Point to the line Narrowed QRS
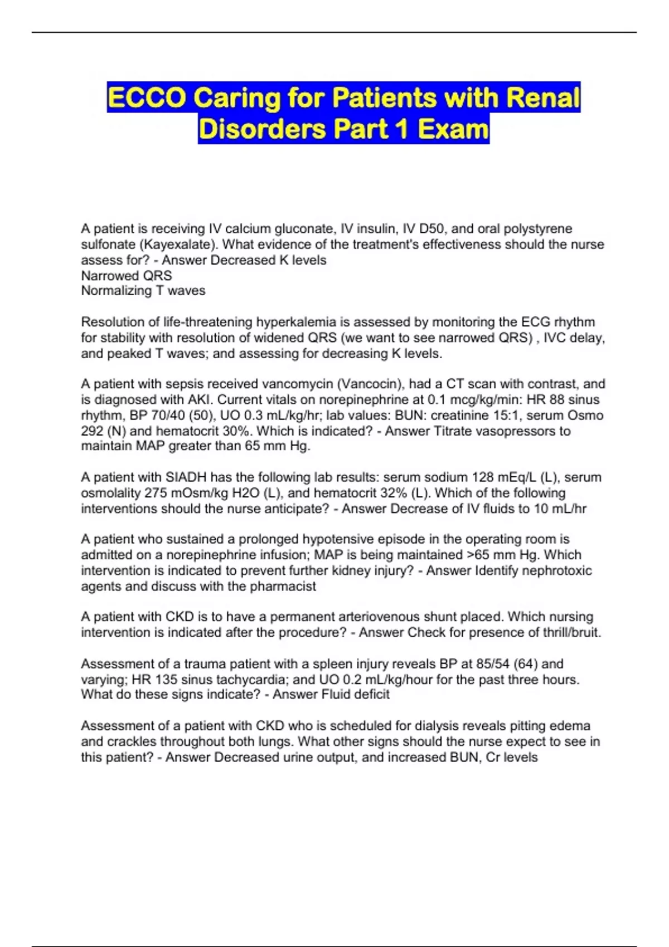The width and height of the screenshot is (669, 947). pyautogui.click(x=127, y=276)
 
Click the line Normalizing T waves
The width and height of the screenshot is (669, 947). pyautogui.click(x=143, y=291)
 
